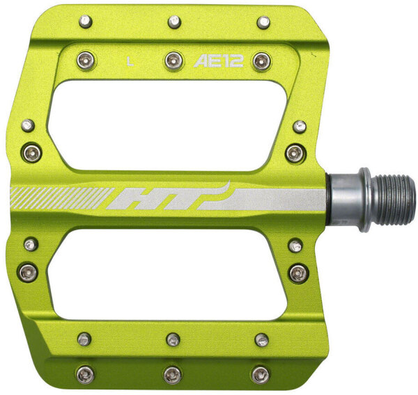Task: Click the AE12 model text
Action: tap(218, 61)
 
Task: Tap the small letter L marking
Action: tap(130, 62)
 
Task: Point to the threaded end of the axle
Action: tap(393, 199)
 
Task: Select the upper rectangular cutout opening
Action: tap(167, 126)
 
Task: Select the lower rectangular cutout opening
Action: tap(167, 274)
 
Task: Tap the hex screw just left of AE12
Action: tap(173, 61)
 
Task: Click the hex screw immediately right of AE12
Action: tap(262, 62)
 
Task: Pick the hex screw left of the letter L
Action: tap(86, 61)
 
